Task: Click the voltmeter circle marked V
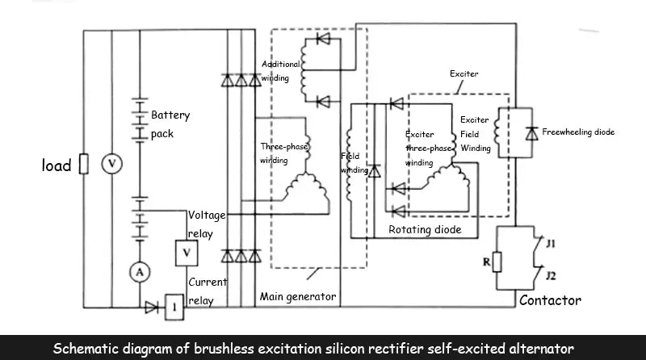(113, 164)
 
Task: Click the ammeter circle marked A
(139, 272)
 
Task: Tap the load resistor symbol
(82, 165)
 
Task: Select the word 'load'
(57, 165)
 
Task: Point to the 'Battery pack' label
(170, 124)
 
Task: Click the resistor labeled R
(497, 261)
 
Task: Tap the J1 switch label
(551, 242)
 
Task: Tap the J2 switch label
(551, 276)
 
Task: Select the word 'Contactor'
(549, 300)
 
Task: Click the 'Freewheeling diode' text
(578, 132)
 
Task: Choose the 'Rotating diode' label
(425, 230)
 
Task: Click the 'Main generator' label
(297, 296)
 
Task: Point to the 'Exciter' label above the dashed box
(464, 74)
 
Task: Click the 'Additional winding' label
(280, 71)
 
